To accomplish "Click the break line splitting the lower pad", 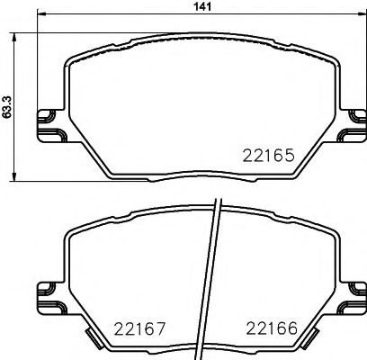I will point(214,279).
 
